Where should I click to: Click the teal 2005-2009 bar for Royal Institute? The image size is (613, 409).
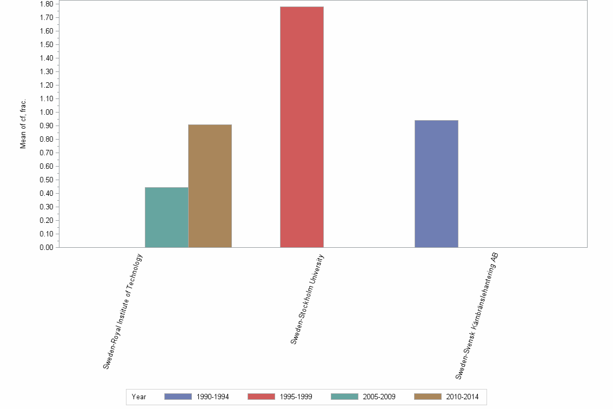(166, 217)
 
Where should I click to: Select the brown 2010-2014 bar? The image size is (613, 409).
(210, 186)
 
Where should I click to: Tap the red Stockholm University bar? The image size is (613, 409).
(302, 127)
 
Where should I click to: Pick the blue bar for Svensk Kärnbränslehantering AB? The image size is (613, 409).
(436, 184)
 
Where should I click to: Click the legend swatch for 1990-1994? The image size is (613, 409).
(178, 397)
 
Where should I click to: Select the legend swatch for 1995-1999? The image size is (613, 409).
(261, 397)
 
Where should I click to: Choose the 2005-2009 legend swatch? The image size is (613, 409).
(344, 397)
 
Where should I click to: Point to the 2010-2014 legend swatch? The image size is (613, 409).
(428, 397)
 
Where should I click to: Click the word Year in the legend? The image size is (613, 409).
(139, 397)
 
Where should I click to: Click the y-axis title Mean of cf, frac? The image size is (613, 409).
(23, 124)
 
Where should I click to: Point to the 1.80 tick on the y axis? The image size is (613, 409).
(46, 4)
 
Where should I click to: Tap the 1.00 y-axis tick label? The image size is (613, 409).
(46, 113)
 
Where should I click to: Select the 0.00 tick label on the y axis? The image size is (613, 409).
(46, 248)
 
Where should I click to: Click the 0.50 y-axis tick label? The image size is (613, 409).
(46, 180)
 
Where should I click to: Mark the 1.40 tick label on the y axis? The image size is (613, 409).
(46, 58)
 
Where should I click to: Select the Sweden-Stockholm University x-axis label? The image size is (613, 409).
(307, 299)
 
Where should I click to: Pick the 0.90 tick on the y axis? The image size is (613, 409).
(46, 126)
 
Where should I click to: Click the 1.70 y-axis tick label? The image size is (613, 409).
(46, 18)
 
